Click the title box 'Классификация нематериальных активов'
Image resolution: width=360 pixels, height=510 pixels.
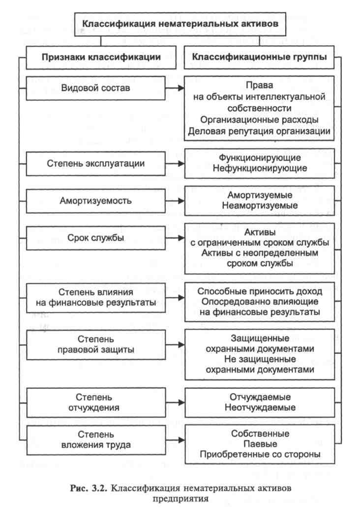pos(180,24)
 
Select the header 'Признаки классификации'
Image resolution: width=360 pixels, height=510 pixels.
pos(101,57)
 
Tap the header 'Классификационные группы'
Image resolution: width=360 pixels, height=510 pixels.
pos(259,57)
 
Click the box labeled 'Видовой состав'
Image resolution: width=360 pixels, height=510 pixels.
pos(96,88)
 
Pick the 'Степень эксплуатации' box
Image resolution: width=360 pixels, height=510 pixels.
pos(96,163)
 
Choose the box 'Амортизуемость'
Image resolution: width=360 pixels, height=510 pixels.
pos(96,200)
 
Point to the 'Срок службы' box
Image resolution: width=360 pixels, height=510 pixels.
pos(96,238)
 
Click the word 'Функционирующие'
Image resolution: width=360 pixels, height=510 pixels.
pos(260,158)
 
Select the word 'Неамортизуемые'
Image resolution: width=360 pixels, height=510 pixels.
pos(260,205)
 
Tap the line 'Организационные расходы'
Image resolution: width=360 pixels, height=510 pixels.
pos(259,120)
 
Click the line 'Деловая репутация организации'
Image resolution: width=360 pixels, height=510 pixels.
pos(259,131)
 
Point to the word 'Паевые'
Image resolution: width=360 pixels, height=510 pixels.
pos(260,444)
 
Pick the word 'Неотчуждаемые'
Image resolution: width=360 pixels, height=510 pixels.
pos(260,407)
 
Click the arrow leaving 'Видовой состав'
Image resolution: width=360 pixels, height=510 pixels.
pos(175,88)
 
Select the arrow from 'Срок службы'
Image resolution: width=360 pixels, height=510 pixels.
pos(175,238)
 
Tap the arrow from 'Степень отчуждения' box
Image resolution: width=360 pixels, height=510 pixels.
pos(175,403)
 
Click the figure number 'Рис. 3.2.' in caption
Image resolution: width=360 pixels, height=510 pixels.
pos(89,488)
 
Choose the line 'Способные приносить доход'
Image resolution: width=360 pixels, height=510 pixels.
pos(260,291)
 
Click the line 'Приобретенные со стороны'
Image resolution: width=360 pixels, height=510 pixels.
pos(260,454)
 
